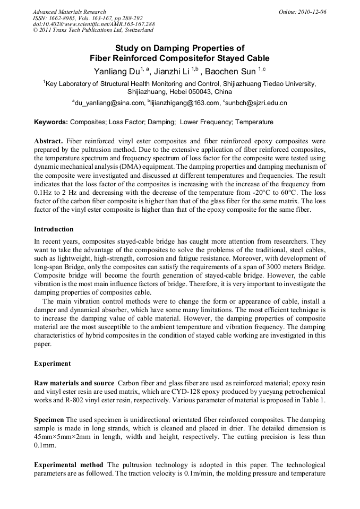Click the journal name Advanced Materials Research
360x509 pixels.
(69, 12)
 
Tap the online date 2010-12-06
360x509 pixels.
(312, 12)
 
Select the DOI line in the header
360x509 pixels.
(93, 24)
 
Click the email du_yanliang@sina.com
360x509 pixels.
(109, 103)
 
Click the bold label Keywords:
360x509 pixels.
(51, 122)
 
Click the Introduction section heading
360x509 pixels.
(54, 229)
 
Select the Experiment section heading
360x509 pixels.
(52, 364)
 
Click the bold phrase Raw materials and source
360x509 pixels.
(74, 383)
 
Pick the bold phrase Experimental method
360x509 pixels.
(68, 464)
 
